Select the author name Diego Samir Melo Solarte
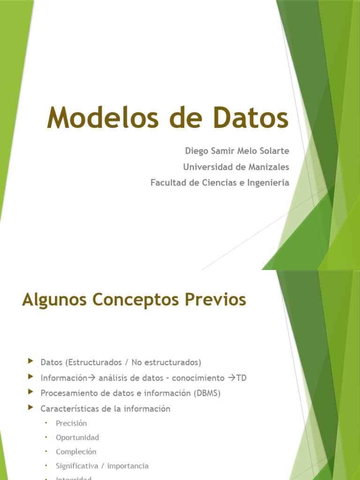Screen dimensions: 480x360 coord(237,151)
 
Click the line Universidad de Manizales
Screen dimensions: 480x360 coord(236,167)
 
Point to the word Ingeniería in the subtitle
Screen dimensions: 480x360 coord(268,183)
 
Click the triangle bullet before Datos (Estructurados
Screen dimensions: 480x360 coord(31,361)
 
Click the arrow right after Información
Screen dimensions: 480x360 coord(91,378)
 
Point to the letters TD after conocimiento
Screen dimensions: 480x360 coord(241,378)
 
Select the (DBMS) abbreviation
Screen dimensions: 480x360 coord(207,393)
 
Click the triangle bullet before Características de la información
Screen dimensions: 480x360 coord(31,408)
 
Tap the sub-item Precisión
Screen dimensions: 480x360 coord(71,423)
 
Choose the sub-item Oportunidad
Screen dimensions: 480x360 coord(77,437)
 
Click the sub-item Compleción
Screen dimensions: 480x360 coord(76,452)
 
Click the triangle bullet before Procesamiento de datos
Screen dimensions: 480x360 coord(31,392)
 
